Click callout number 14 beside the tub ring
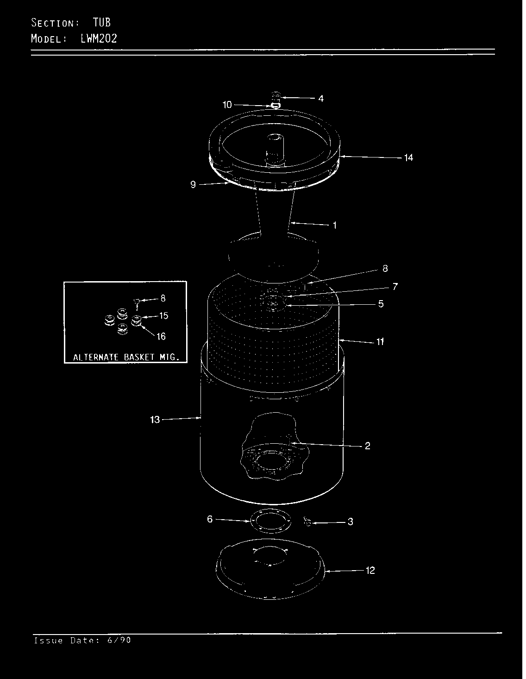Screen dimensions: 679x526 [408, 158]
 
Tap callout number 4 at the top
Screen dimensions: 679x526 [321, 99]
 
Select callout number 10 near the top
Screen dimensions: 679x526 [227, 105]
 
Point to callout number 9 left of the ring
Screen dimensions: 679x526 [193, 185]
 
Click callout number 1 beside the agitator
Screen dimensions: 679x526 [334, 226]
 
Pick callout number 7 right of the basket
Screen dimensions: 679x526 [394, 287]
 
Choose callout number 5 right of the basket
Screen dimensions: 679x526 [381, 304]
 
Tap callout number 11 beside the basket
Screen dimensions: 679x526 [380, 342]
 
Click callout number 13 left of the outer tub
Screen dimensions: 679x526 [155, 420]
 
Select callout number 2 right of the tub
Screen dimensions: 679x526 [367, 446]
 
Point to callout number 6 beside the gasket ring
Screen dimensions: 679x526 [210, 520]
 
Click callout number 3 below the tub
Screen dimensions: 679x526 [350, 522]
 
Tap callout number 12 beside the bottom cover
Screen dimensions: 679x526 [370, 571]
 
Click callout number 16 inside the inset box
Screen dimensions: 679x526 [161, 337]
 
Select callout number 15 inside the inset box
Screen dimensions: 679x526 [163, 316]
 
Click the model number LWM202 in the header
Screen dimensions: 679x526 [99, 38]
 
